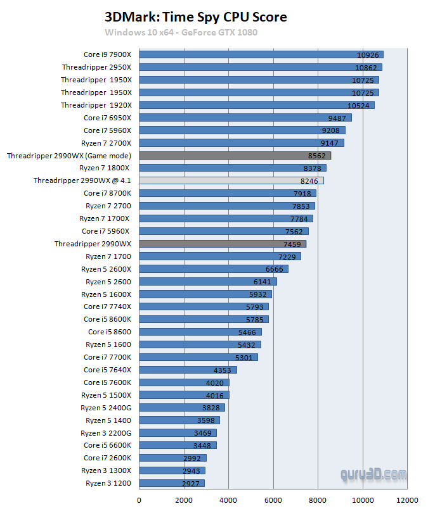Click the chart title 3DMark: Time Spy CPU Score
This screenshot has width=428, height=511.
pos(195,17)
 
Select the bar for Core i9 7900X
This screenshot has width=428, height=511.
pos(261,54)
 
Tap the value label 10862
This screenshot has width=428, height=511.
pos(367,67)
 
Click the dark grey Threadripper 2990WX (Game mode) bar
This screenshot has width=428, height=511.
pos(235,155)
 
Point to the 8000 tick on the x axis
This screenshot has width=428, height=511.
pos(318,500)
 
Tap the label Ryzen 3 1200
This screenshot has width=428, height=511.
pos(108,483)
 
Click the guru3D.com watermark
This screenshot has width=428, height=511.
pos(373,474)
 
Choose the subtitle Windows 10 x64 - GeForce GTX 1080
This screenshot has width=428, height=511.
pos(181,32)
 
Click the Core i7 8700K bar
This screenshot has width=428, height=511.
pos(227,193)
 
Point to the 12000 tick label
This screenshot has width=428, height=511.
pos(407,500)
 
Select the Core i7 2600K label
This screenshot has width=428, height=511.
pos(107,458)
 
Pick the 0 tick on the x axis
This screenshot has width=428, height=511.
pos(139,500)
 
